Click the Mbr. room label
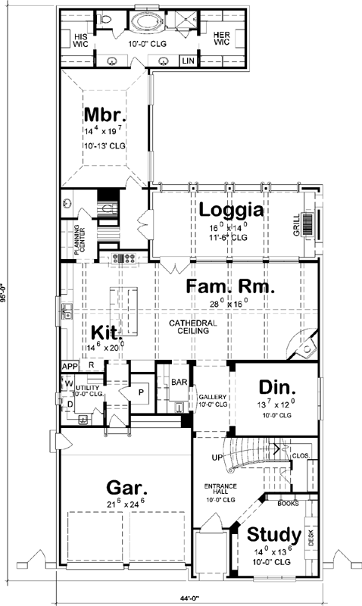[104, 116]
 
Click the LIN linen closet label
[187, 61]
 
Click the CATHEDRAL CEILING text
[193, 327]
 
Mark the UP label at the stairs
[217, 458]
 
